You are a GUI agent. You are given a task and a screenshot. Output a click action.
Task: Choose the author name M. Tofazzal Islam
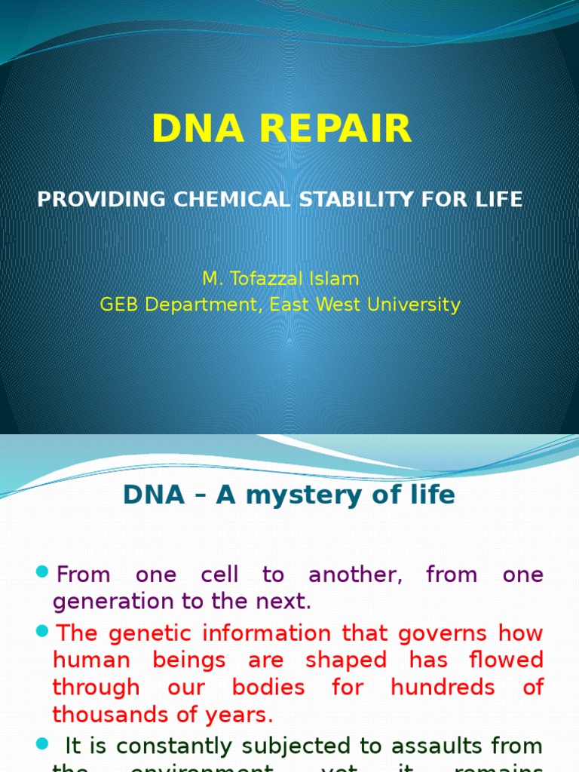(280, 279)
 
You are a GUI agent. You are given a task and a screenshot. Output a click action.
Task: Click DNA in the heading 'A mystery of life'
(154, 495)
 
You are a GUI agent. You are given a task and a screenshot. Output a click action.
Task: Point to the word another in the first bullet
(354, 575)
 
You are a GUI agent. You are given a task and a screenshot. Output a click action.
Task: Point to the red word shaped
(346, 660)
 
